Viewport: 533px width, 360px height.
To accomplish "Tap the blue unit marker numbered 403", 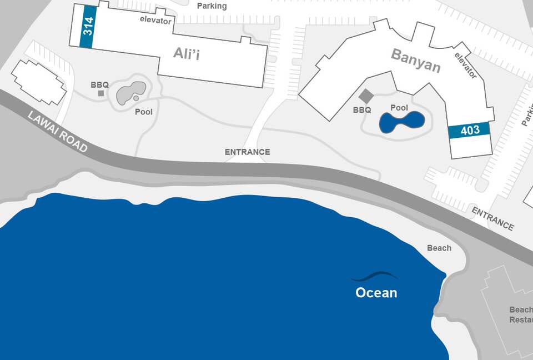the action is pyautogui.click(x=470, y=131).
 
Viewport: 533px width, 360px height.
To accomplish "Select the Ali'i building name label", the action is pyautogui.click(x=187, y=53).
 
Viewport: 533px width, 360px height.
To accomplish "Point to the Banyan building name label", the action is pyautogui.click(x=415, y=61).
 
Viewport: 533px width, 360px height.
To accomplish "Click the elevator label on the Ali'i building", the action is pyautogui.click(x=155, y=19).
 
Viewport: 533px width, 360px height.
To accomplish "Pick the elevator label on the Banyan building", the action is pyautogui.click(x=465, y=65).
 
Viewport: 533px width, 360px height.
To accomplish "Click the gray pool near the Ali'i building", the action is pyautogui.click(x=130, y=92).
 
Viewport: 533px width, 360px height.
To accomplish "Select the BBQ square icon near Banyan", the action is pyautogui.click(x=365, y=96).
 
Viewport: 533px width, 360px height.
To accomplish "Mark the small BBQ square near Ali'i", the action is pyautogui.click(x=101, y=93).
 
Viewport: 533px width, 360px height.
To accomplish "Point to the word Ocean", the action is pyautogui.click(x=376, y=293).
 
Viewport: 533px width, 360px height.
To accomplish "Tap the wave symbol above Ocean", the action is pyautogui.click(x=374, y=276).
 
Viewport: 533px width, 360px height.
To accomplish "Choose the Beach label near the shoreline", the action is pyautogui.click(x=439, y=248).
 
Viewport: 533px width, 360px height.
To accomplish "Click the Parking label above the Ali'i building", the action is pyautogui.click(x=212, y=6).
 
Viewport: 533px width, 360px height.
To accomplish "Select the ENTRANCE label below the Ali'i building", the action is pyautogui.click(x=247, y=152).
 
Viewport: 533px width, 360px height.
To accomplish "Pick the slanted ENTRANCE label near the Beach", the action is pyautogui.click(x=492, y=218).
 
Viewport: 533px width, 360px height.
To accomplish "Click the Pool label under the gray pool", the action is pyautogui.click(x=143, y=112).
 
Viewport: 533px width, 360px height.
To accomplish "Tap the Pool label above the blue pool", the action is pyautogui.click(x=399, y=108).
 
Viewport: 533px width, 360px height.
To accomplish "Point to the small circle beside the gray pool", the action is pyautogui.click(x=136, y=98).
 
